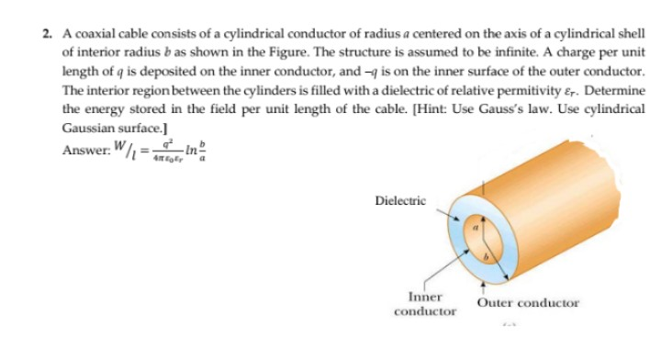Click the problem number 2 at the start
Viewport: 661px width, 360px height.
pyautogui.click(x=46, y=32)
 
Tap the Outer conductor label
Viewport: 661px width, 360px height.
pyautogui.click(x=528, y=302)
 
